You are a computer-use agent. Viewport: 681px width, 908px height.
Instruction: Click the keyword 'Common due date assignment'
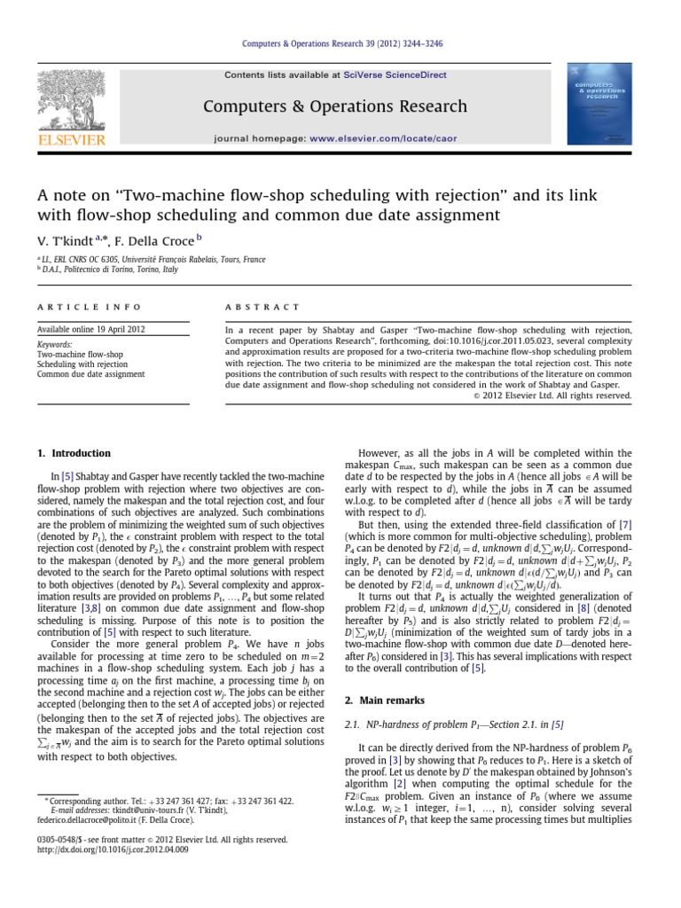(x=90, y=374)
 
